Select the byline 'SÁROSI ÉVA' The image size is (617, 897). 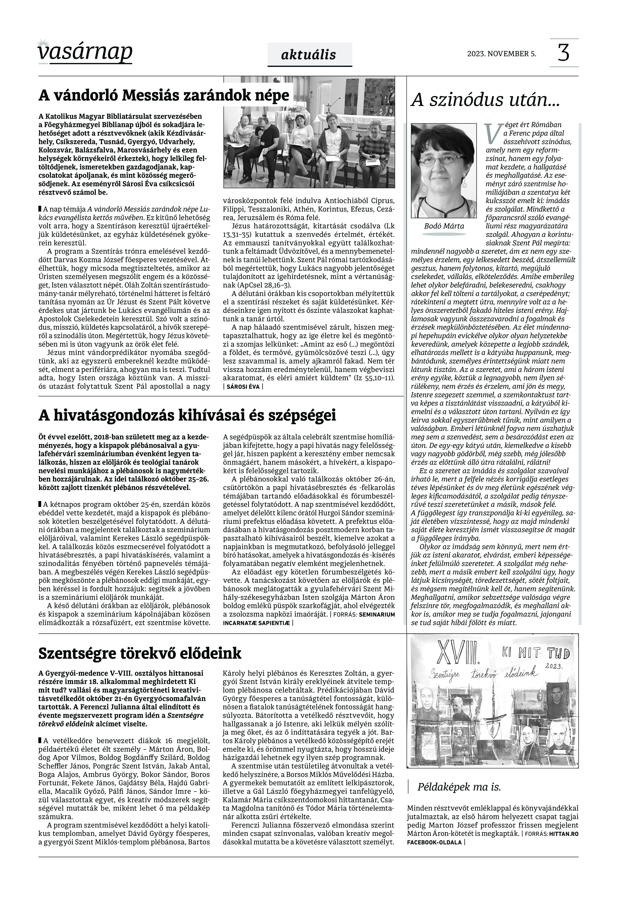[243, 387]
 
